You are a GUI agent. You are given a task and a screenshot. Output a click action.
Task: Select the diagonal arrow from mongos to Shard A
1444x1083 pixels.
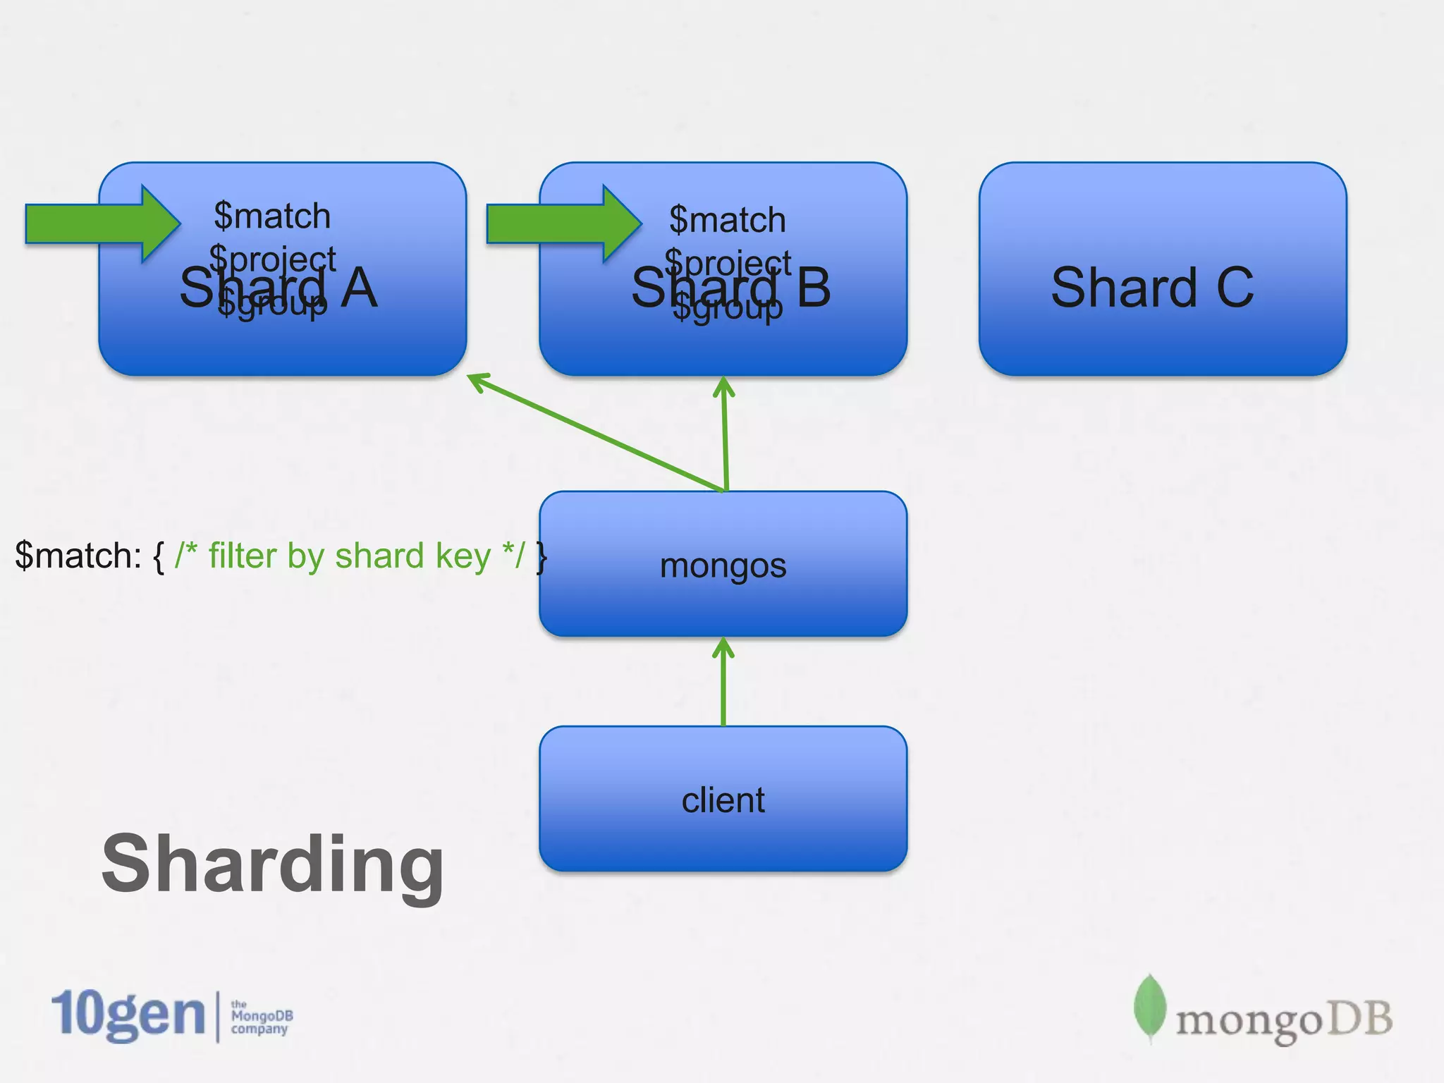point(599,433)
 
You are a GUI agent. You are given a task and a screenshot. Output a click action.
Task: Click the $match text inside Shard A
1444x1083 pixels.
point(272,216)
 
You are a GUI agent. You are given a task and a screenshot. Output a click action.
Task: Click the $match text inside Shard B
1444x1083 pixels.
point(727,220)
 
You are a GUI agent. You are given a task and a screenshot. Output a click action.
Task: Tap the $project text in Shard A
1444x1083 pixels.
point(272,258)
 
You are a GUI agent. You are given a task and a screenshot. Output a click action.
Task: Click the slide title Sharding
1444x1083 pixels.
point(272,864)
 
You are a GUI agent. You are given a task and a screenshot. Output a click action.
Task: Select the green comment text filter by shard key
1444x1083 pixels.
point(349,556)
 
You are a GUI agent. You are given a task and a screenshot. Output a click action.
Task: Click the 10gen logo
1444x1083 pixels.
point(128,1015)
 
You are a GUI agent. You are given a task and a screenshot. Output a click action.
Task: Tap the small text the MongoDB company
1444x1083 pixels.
point(261,1017)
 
